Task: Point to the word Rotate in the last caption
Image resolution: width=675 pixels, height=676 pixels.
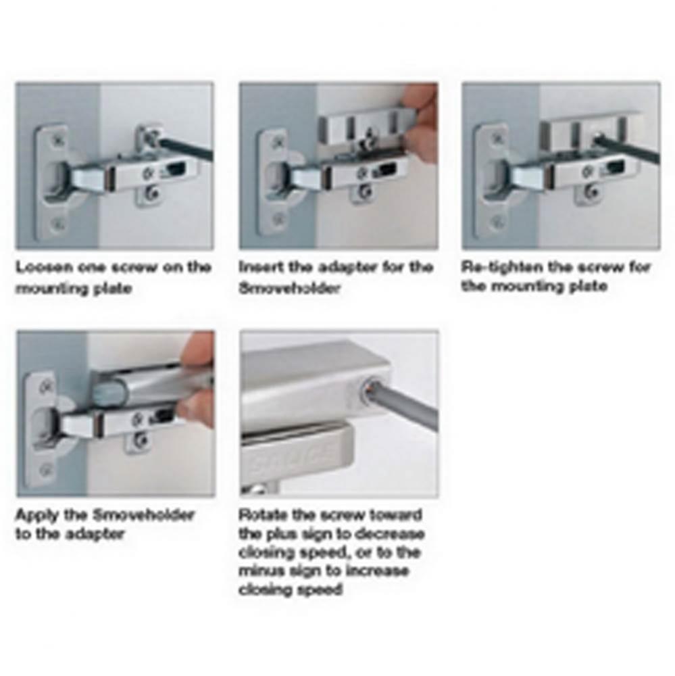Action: point(263,514)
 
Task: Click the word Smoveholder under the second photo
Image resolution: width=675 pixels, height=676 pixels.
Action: point(290,288)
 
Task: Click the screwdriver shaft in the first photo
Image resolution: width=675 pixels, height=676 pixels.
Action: point(186,149)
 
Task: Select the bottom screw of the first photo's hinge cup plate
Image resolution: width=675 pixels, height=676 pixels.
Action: point(57,224)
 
